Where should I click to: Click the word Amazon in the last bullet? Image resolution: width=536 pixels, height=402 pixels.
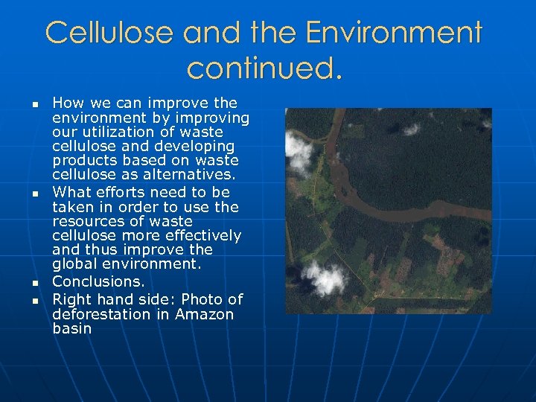[x=205, y=314]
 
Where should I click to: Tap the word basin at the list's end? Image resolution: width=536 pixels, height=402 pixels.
[x=72, y=328]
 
